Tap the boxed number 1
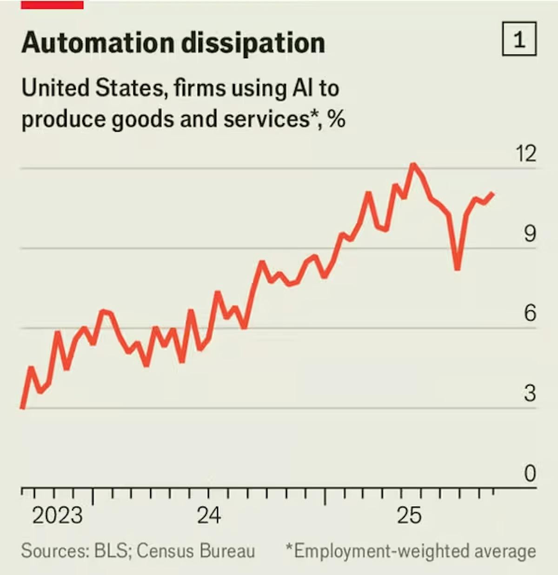(519, 39)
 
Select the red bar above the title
(52, 4)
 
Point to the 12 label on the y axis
(525, 153)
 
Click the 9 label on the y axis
(530, 233)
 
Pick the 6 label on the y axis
(530, 313)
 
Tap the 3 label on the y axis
(530, 394)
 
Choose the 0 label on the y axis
(530, 474)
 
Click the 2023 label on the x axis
(57, 515)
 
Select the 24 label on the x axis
(209, 515)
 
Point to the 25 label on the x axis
(409, 515)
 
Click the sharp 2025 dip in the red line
(458, 268)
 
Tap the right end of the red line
(493, 194)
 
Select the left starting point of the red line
(22, 408)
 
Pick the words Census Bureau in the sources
(196, 551)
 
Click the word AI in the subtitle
(303, 88)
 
